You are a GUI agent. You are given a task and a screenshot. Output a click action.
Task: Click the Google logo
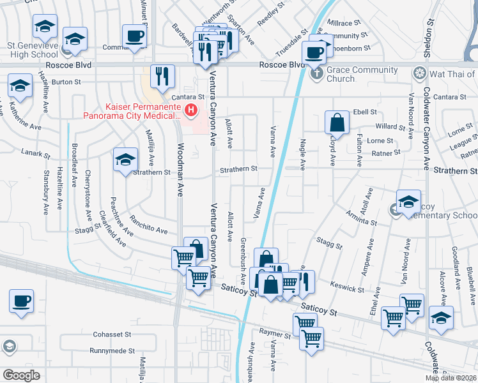tap(21, 375)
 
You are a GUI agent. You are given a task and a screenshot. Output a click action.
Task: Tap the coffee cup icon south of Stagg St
tap(21, 301)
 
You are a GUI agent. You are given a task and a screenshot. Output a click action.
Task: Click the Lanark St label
tap(35, 154)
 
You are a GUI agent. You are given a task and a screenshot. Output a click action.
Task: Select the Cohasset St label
tap(111, 334)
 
